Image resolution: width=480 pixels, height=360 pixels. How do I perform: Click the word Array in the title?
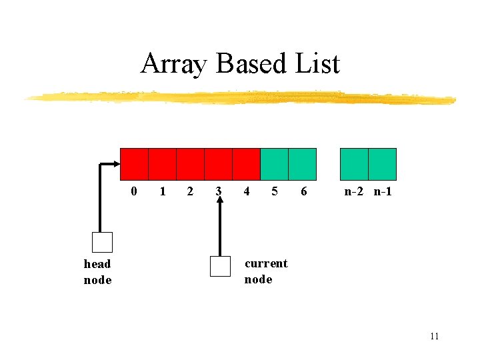175,65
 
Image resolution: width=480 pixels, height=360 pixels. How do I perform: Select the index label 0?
134,192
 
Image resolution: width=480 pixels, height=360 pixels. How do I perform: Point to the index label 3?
218,192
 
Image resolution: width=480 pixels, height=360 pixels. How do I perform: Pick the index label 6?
304,192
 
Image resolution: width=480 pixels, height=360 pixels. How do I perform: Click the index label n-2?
355,192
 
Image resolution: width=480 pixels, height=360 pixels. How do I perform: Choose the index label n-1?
383,192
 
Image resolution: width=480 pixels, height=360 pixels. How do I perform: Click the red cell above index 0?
134,164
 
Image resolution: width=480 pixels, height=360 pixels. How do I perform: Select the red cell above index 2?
190,164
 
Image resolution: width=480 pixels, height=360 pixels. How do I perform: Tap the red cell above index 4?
246,164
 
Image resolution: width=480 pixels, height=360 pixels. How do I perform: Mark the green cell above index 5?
274,164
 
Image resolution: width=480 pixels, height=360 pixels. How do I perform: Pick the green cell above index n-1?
383,164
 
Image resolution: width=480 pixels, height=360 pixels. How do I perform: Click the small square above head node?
102,242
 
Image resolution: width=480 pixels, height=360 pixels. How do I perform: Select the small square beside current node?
220,266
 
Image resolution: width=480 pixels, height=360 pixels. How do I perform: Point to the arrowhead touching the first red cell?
116,164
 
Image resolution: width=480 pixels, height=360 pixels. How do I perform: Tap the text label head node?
97,271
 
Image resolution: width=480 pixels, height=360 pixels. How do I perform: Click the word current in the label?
266,263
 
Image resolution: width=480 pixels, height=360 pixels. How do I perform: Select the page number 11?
434,336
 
